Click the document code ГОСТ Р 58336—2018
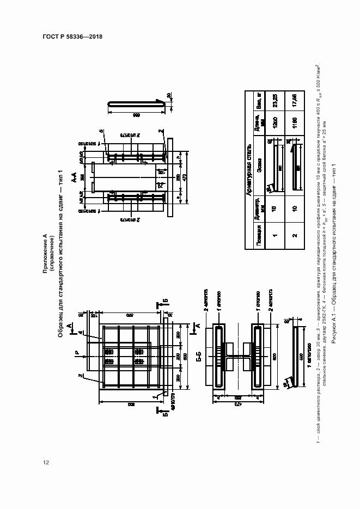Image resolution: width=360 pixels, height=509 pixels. (72, 37)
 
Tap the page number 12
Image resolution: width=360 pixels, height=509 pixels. (46, 463)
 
